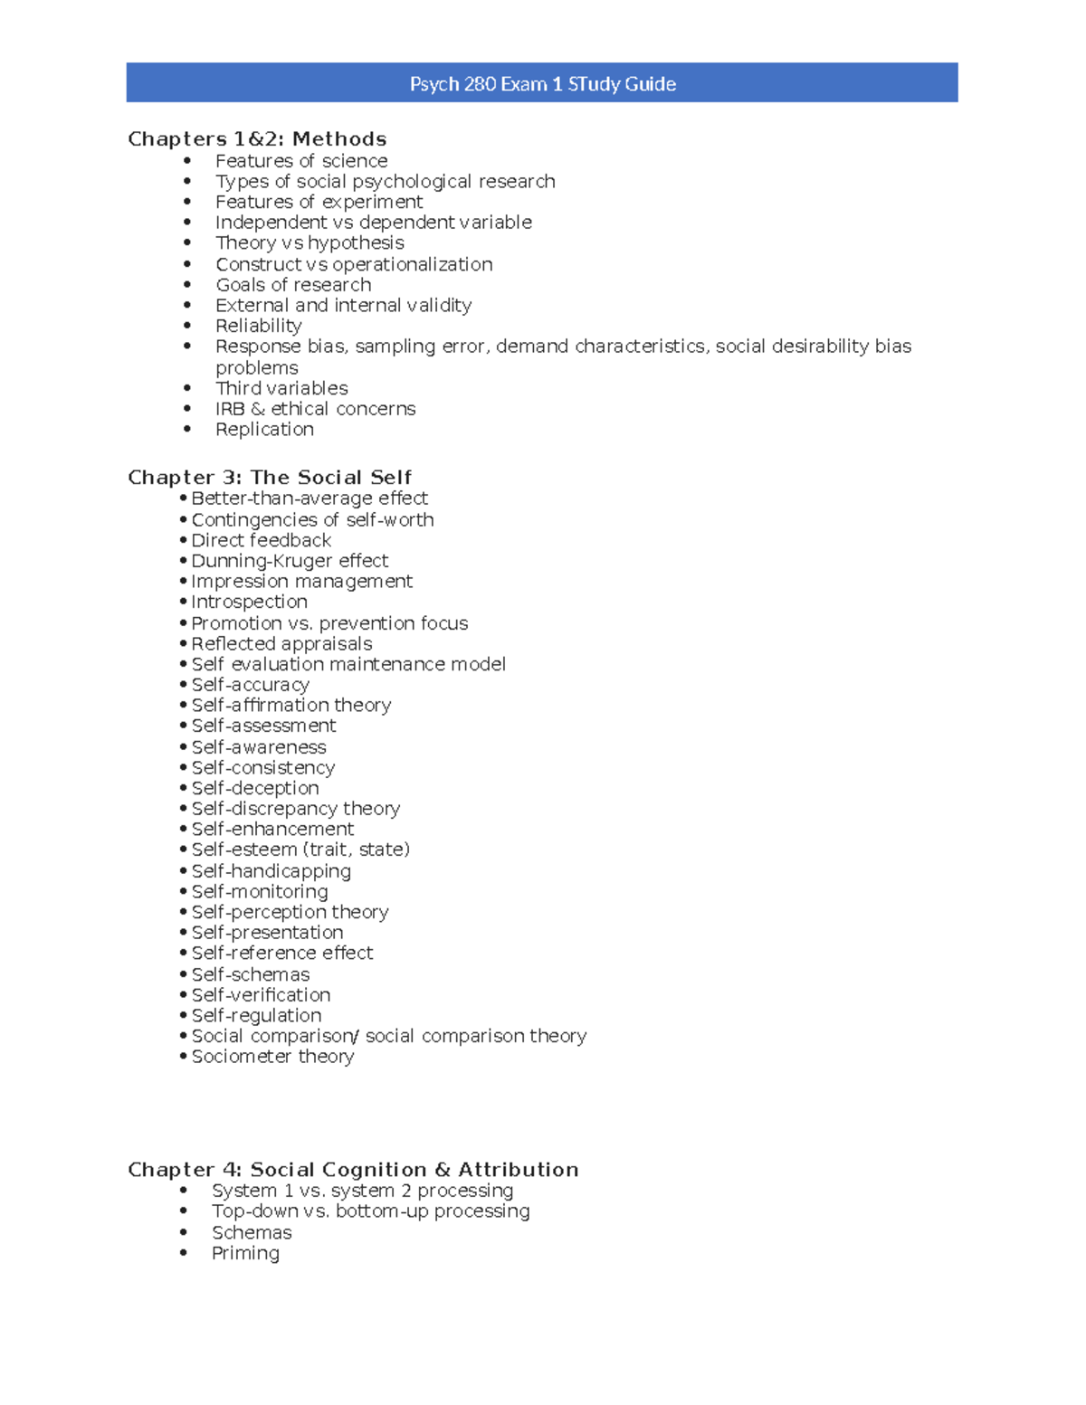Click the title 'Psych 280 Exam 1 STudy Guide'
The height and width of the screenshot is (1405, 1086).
[542, 84]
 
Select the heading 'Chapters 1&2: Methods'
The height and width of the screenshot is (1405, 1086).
[257, 139]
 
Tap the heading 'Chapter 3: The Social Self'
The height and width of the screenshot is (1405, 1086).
[270, 478]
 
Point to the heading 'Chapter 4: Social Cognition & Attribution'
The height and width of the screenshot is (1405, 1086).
[353, 1170]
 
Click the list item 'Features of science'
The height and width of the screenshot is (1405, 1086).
[301, 161]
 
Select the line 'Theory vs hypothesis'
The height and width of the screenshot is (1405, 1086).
[310, 243]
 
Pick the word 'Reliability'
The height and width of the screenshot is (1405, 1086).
[259, 326]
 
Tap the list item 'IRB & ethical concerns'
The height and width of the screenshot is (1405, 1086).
[315, 409]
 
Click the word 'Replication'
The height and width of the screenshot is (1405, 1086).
[264, 430]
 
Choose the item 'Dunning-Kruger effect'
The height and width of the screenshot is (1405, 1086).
[290, 561]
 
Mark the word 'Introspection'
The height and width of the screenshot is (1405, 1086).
[249, 602]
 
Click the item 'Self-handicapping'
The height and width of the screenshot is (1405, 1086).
[271, 871]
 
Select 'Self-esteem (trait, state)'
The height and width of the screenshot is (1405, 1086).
[300, 850]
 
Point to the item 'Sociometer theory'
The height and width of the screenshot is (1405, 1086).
[272, 1057]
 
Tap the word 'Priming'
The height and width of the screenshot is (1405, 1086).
[245, 1253]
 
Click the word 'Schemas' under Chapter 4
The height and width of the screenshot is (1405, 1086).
[252, 1233]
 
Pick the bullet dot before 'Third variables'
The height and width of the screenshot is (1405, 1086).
[187, 388]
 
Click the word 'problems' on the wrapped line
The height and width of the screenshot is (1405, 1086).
[257, 368]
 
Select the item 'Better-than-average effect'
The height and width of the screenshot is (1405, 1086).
[310, 498]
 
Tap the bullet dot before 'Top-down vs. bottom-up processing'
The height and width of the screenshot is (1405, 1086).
[184, 1211]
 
